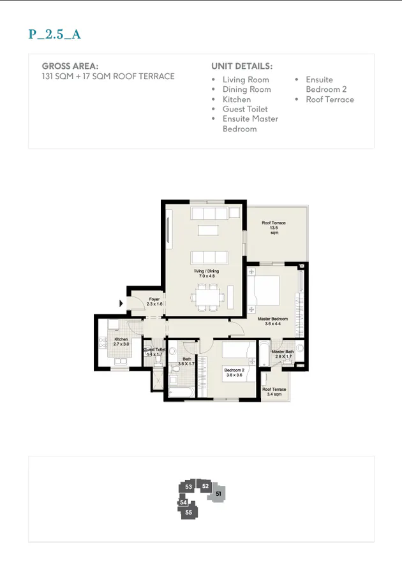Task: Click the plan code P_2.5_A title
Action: [x=54, y=34]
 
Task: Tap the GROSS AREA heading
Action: [x=70, y=66]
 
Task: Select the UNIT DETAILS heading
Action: [x=242, y=66]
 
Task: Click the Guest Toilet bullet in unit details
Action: [x=245, y=109]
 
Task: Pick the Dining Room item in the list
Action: [x=246, y=89]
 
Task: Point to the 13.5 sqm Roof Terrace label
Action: [x=274, y=228]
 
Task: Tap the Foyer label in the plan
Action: [x=155, y=302]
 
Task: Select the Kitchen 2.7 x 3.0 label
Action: [x=121, y=342]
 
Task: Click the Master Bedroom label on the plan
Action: [x=272, y=321]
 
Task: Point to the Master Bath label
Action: [x=282, y=354]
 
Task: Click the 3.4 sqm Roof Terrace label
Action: [x=274, y=391]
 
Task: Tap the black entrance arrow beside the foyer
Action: [x=121, y=303]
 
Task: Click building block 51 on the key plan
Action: [x=218, y=493]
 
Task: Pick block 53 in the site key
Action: [x=188, y=487]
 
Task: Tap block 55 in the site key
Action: [x=188, y=512]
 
